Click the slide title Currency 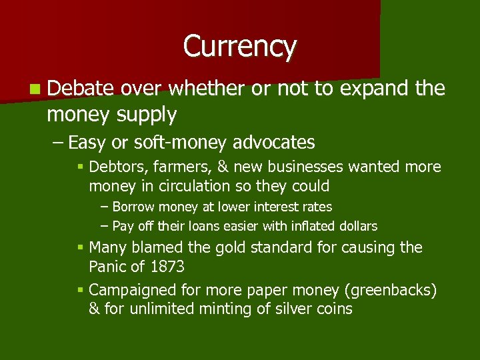[x=239, y=47]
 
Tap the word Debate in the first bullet [x=81, y=88]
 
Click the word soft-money [x=169, y=142]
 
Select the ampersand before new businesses [x=219, y=167]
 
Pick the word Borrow [x=133, y=207]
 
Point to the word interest [x=273, y=207]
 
